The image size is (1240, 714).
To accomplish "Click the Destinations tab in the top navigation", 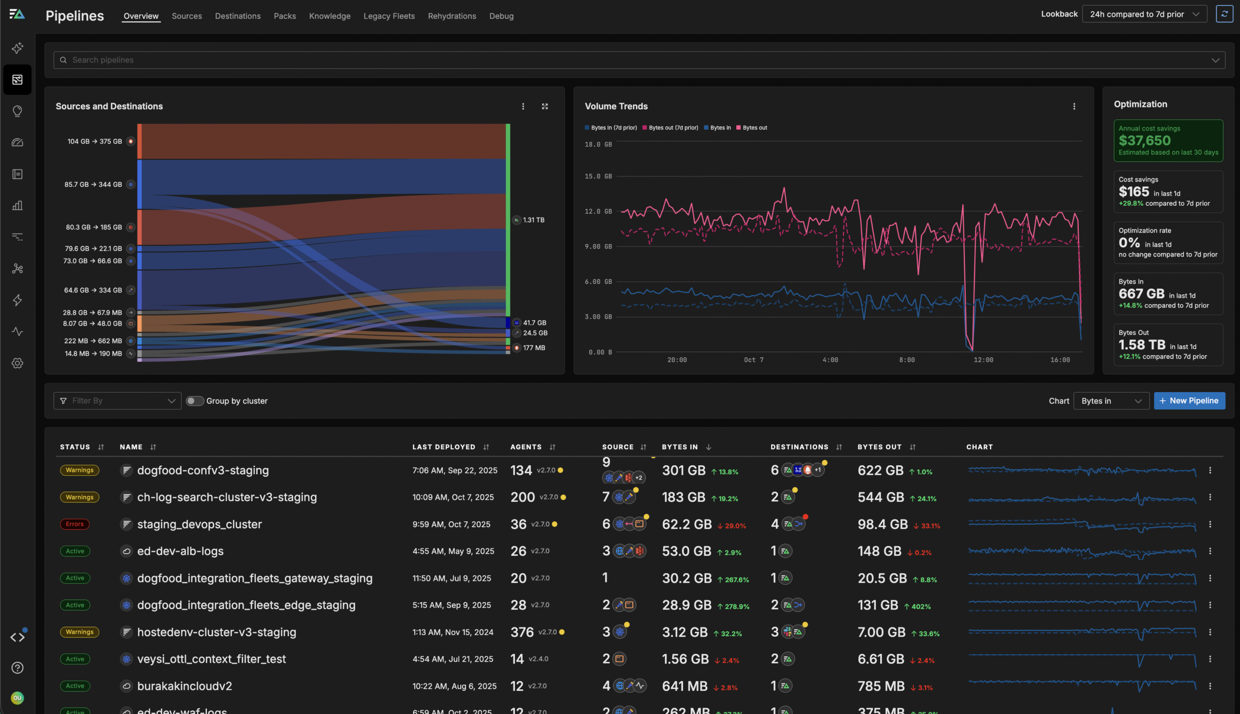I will (237, 15).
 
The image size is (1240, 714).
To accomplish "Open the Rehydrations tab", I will (451, 15).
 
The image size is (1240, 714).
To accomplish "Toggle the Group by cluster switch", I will (194, 401).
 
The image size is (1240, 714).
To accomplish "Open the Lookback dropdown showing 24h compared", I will (1144, 14).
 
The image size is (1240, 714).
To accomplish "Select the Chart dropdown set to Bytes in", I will (1111, 401).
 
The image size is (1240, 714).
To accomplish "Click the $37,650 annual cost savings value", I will (1144, 141).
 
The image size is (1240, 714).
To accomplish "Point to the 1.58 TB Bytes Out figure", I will (1141, 345).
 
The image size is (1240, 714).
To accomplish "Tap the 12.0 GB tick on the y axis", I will (598, 212).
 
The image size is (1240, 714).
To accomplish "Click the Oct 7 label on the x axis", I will (753, 360).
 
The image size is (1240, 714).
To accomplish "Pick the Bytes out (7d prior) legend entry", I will (673, 127).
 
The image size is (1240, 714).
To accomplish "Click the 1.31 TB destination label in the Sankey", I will (533, 220).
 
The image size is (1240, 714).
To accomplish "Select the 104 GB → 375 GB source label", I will (95, 141).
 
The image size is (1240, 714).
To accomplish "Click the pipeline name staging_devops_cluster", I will (199, 524).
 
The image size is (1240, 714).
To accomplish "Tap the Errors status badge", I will (75, 524).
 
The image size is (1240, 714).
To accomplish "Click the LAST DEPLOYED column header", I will (444, 447).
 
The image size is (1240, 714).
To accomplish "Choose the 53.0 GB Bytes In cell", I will (686, 551).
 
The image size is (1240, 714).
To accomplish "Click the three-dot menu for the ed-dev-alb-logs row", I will (1209, 551).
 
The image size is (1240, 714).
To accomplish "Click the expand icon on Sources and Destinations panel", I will (544, 106).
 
